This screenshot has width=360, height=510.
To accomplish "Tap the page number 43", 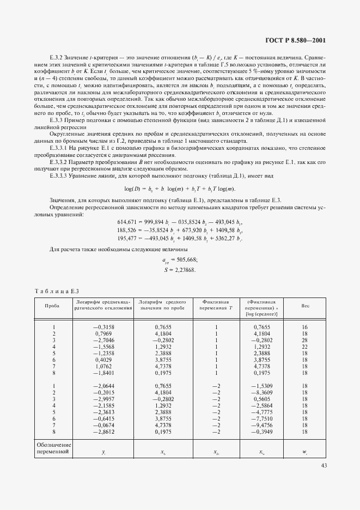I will pos(324,465).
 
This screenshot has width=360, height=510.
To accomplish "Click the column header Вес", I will pos(305,306).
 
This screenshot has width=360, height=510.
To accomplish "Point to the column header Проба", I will pos(52,306).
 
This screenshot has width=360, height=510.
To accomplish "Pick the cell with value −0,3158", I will pos(103,326).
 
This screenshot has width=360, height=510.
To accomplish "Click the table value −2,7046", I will pos(103,339).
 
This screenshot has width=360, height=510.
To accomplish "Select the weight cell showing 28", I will pos(305,339).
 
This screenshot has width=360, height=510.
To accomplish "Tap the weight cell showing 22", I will pos(305,346).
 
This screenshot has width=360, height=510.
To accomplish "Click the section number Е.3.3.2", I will pos(60,162).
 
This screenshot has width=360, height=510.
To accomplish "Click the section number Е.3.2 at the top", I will pos(56,56).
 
